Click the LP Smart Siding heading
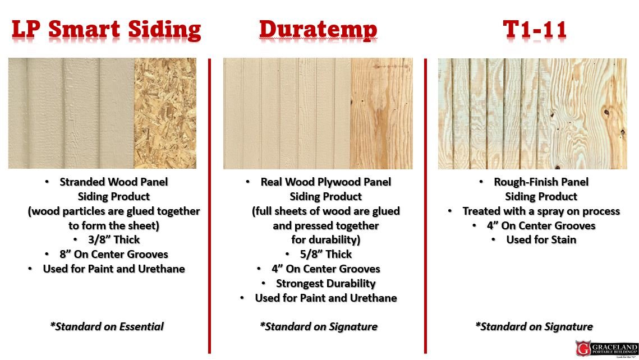106,29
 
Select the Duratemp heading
318,29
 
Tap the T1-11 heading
535,29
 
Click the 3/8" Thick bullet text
107,239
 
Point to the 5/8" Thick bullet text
326,254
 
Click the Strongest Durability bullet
325,283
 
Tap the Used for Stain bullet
541,239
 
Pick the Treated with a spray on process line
541,211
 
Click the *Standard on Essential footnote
107,326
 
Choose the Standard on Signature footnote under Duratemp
319,326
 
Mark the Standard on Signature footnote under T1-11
534,326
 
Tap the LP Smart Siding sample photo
102,113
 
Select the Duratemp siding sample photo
318,113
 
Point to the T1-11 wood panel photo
532,113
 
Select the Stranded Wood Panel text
113,182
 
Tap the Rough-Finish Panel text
541,182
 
